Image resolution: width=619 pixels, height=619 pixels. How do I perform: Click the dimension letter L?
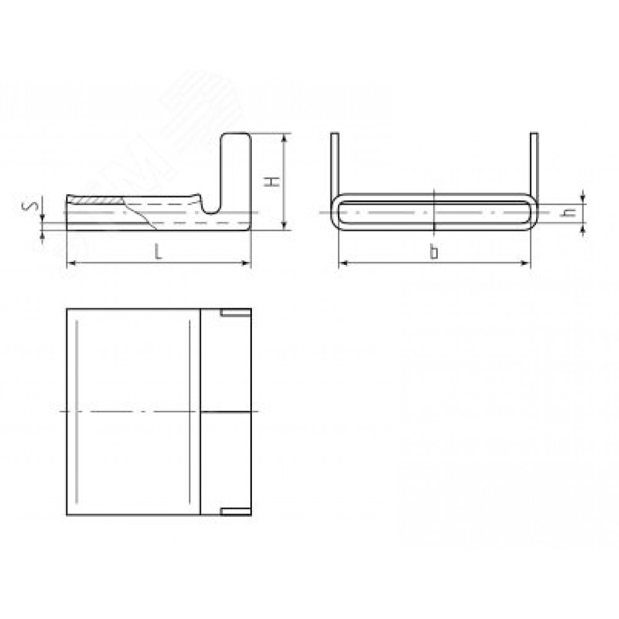tap(158, 251)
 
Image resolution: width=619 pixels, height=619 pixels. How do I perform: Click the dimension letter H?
tap(272, 182)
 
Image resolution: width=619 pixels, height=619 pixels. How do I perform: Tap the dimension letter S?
tap(34, 206)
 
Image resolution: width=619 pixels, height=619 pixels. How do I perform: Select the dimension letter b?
tap(434, 252)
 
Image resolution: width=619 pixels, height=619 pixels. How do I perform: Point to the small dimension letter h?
tap(569, 212)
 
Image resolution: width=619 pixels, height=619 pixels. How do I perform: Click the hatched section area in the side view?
tap(97, 200)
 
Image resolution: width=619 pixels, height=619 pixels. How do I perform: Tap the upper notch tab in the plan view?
tap(236, 313)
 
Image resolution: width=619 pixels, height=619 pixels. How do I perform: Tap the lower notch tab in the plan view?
tap(236, 511)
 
